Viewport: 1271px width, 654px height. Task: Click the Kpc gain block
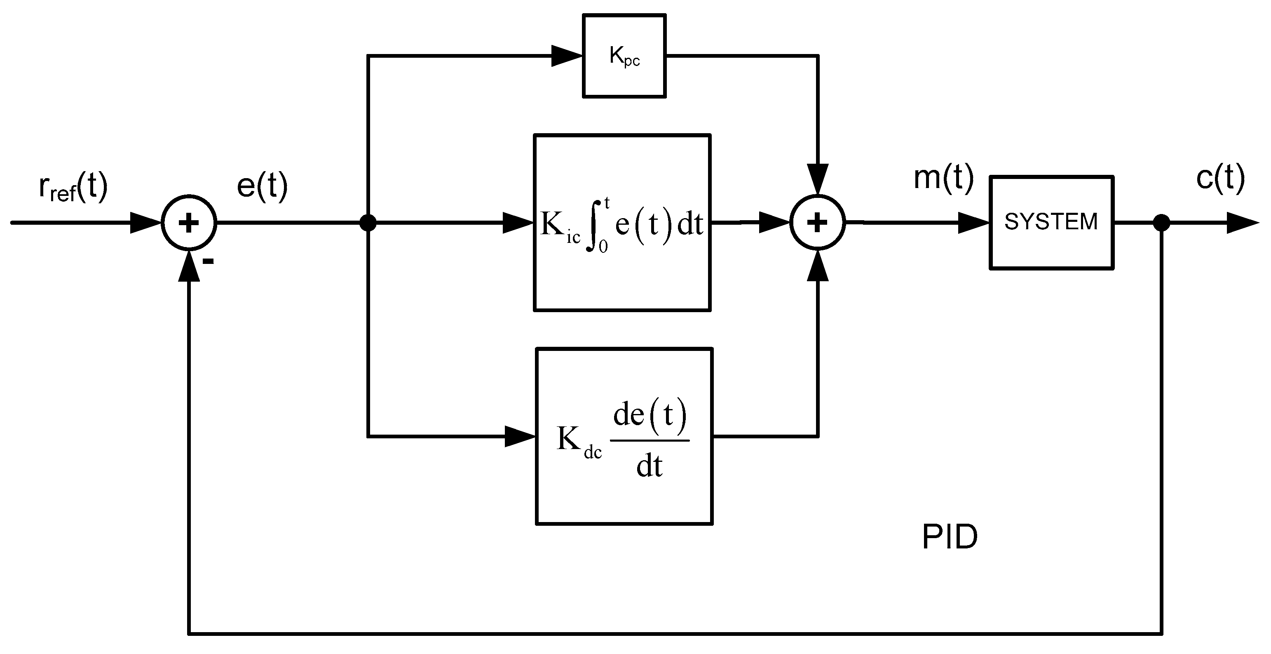click(x=624, y=56)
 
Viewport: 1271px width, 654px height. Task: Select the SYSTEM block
click(x=1051, y=223)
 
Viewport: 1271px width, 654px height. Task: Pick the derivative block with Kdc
click(x=624, y=436)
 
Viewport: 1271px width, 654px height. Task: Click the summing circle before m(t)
click(x=818, y=223)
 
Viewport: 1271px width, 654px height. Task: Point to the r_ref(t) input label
click(x=73, y=188)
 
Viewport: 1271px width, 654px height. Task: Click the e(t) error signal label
click(x=262, y=186)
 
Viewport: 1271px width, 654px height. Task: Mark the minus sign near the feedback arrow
click(x=209, y=261)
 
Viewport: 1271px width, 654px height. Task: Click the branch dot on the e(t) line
click(x=368, y=223)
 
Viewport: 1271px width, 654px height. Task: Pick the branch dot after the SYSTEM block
click(x=1161, y=223)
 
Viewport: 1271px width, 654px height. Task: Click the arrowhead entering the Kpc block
click(x=567, y=56)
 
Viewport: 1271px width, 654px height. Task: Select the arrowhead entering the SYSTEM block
click(x=974, y=223)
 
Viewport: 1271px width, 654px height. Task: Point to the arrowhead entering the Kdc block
click(x=521, y=436)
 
